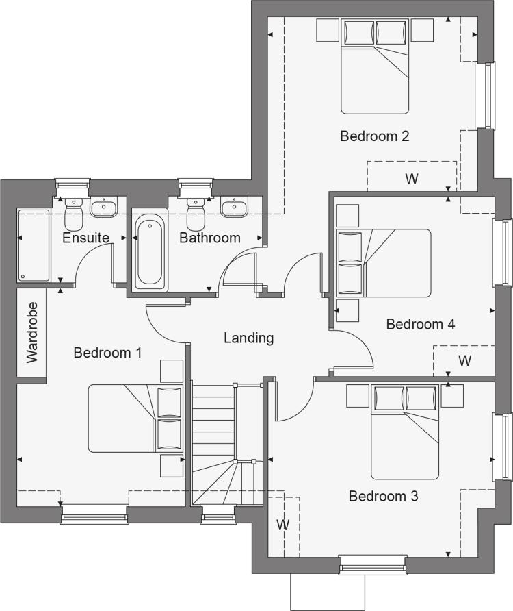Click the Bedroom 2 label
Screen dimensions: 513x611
pos(374,136)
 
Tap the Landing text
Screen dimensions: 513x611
pos(249,338)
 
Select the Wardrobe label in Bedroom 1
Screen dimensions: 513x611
pos(32,333)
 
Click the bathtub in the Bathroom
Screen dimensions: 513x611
pos(150,252)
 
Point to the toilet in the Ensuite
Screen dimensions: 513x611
pos(74,214)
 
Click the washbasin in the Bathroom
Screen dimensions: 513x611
pos(234,207)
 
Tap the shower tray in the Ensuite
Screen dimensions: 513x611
pos(34,245)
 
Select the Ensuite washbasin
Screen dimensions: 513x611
pos(103,207)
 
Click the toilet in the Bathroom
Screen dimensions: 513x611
pos(196,214)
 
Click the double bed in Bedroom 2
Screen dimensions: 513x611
pos(375,66)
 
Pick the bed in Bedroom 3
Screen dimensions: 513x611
pos(405,432)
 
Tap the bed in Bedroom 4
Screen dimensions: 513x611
pos(384,263)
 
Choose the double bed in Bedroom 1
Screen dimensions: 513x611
pos(135,419)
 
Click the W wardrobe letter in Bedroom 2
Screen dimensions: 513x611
pos(412,179)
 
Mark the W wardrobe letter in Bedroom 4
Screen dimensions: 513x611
pos(464,361)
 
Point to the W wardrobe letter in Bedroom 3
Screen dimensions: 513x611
pos(283,525)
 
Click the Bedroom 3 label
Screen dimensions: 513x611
pos(384,496)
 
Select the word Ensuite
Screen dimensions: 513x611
pos(85,238)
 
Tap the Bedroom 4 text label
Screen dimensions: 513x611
pos(421,324)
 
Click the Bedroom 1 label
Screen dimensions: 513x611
pos(107,353)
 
